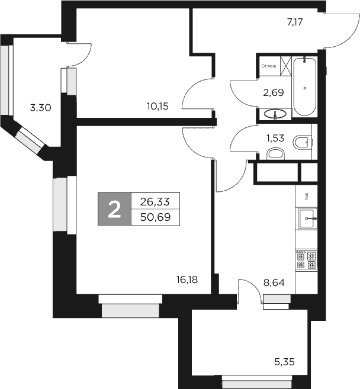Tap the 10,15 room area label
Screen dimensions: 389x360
pyautogui.click(x=158, y=106)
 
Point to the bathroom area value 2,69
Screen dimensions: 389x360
pyautogui.click(x=273, y=92)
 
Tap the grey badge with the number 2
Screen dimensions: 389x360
pyautogui.click(x=114, y=209)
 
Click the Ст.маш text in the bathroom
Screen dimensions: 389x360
pyautogui.click(x=269, y=66)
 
